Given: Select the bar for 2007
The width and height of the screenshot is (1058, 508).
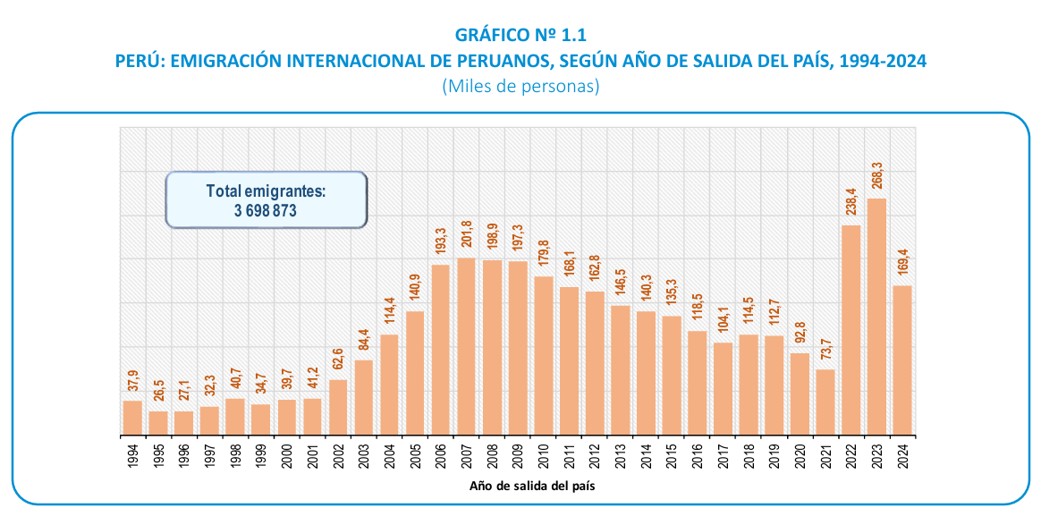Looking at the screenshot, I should pos(466,346).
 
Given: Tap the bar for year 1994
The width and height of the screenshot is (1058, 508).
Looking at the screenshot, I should pos(132,418).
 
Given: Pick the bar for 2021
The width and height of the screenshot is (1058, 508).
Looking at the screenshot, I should pos(825,402).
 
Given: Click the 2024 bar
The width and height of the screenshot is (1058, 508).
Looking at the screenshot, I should pos(902,360).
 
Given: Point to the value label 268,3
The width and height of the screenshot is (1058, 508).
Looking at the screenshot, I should pos(877,178).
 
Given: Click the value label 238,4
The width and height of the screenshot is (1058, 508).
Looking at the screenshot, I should pos(851,205).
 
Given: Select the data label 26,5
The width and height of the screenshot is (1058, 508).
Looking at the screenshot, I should pos(158,391).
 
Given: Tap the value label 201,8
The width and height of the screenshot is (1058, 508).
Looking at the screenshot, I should pos(466,238).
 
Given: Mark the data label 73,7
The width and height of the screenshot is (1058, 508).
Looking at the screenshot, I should pos(825,350).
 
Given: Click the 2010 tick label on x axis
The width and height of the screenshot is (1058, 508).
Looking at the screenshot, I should pos(543,456).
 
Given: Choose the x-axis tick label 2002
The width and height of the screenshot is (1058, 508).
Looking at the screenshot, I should pos(338,456).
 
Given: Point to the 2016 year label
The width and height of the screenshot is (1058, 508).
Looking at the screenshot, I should pos(698,456).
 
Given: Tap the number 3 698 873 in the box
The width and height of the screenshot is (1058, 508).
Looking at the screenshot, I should pos(266,210).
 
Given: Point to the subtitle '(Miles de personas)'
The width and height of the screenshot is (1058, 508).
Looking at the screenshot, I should pos(520,86).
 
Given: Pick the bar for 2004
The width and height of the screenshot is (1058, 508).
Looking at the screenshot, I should pos(389,385).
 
